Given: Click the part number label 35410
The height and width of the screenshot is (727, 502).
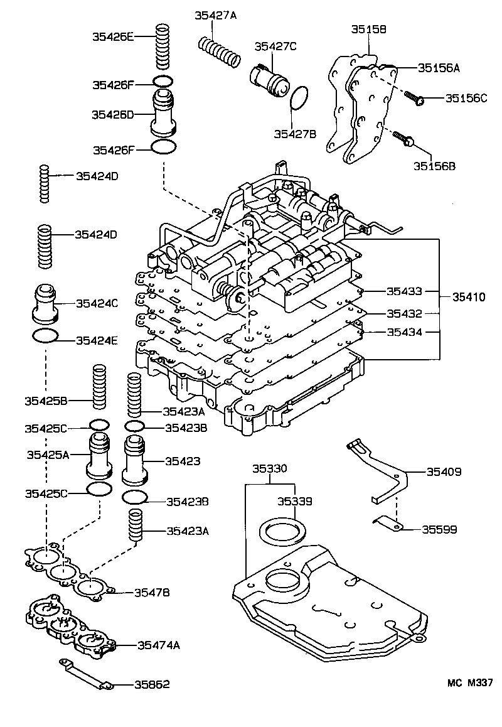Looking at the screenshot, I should coord(467,296).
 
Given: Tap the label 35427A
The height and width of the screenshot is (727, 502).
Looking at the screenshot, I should coord(215,17).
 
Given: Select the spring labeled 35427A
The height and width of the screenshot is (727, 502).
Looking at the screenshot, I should coord(220,52).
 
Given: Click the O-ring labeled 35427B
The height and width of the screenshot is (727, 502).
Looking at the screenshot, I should coord(300,99).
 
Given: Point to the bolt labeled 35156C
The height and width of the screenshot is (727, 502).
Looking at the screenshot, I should coord(414,97).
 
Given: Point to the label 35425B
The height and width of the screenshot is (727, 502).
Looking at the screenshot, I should coord(46,400).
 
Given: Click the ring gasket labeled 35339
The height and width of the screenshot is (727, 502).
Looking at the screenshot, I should coord(283,531).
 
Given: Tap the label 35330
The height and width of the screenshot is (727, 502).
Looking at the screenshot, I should coord(270,468).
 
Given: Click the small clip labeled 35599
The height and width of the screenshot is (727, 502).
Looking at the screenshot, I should coord(388,524).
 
